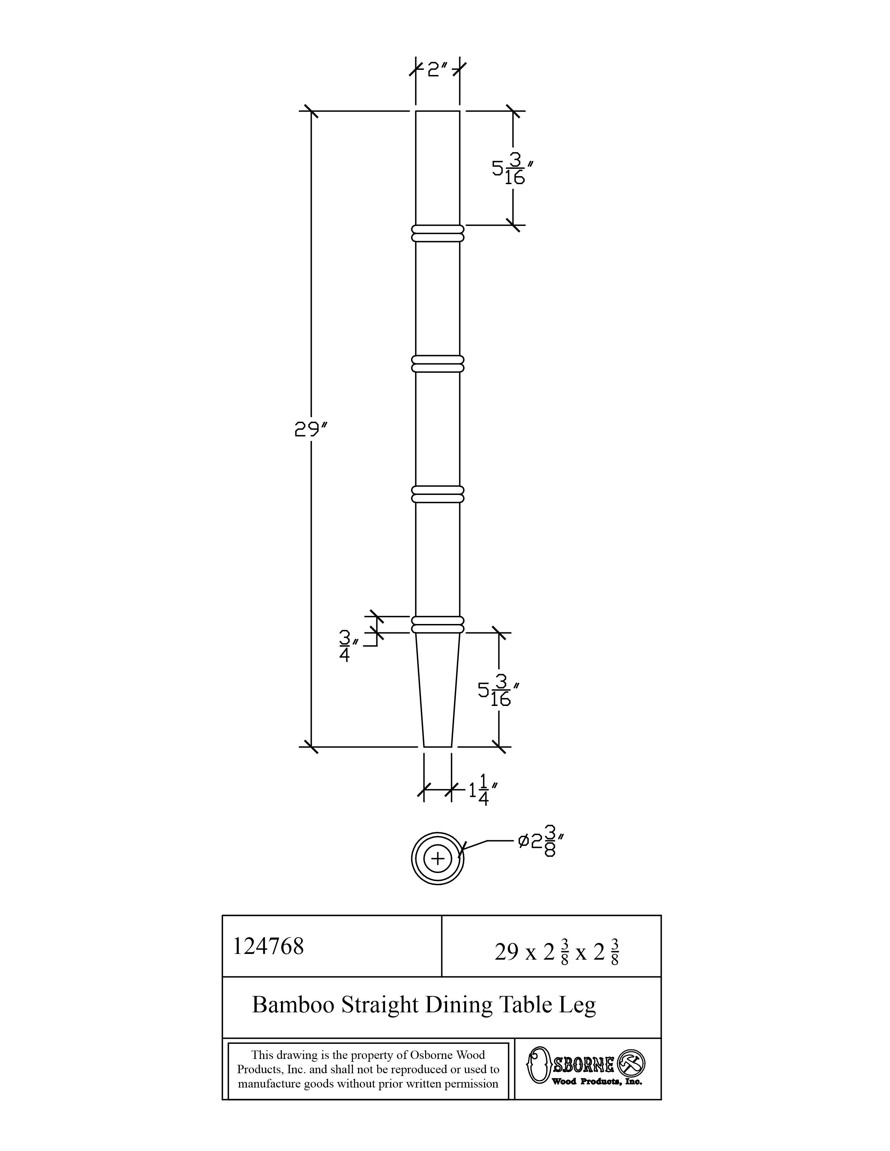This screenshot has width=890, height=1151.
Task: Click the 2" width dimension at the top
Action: click(x=437, y=69)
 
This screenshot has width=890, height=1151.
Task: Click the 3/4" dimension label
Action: click(x=348, y=646)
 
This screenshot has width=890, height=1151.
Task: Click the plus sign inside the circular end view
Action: click(x=438, y=859)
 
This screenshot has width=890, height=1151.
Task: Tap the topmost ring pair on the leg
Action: click(x=438, y=233)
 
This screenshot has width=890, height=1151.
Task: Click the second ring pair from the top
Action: click(x=438, y=364)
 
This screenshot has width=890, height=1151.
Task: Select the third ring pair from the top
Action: click(x=438, y=494)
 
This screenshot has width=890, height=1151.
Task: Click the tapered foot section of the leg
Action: click(x=438, y=690)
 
